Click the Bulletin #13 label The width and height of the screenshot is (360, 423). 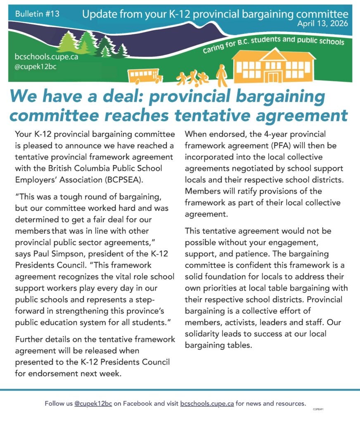pyautogui.click(x=37, y=14)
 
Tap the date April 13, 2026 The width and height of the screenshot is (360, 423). pyautogui.click(x=322, y=23)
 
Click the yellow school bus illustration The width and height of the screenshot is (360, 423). pyautogui.click(x=144, y=76)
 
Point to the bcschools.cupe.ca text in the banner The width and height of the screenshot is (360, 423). pyautogui.click(x=46, y=57)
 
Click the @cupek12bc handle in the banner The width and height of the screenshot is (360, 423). pyautogui.click(x=36, y=67)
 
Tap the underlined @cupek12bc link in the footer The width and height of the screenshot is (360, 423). pyautogui.click(x=93, y=404)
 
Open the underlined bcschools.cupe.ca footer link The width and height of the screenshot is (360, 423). pyautogui.click(x=207, y=404)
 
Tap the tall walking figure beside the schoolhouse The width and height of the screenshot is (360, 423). pyautogui.click(x=222, y=76)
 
